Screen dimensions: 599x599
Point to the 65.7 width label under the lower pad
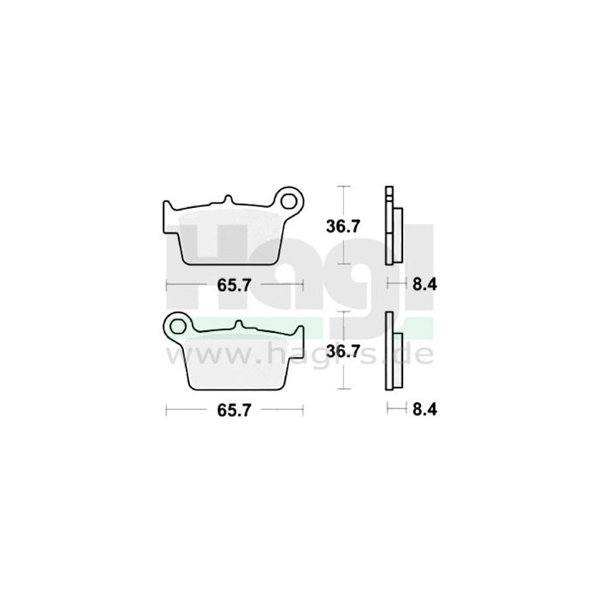tap(234, 411)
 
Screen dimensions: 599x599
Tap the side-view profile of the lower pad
tap(392, 351)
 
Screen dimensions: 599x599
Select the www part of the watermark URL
tap(214, 351)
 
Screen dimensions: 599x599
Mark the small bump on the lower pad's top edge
tap(243, 325)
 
